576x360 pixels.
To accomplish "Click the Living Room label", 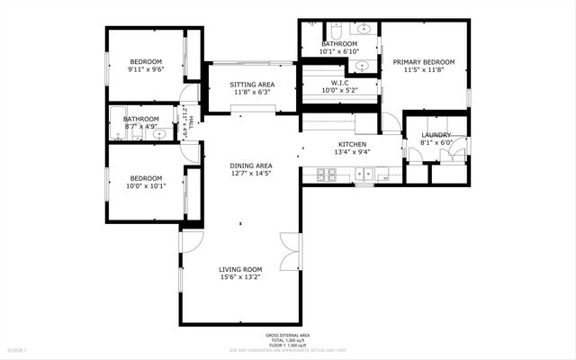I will pyautogui.click(x=240, y=269).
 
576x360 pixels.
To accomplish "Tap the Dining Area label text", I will pyautogui.click(x=251, y=166).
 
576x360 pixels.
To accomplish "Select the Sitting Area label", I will pyautogui.click(x=252, y=85).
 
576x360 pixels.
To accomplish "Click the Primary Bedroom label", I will pyautogui.click(x=423, y=62).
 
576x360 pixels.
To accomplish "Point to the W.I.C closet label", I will pyautogui.click(x=339, y=81).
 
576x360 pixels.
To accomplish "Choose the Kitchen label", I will pyautogui.click(x=352, y=144).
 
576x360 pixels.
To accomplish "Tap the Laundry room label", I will pyautogui.click(x=436, y=135).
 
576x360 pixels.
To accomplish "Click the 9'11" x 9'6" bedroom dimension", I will pyautogui.click(x=145, y=69).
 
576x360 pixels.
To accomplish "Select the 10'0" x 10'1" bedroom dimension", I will pyautogui.click(x=145, y=186).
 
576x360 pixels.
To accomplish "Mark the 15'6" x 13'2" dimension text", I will pyautogui.click(x=240, y=278).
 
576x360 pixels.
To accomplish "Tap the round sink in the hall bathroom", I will pyautogui.click(x=159, y=135).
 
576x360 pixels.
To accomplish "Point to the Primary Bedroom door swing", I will pyautogui.click(x=390, y=122).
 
